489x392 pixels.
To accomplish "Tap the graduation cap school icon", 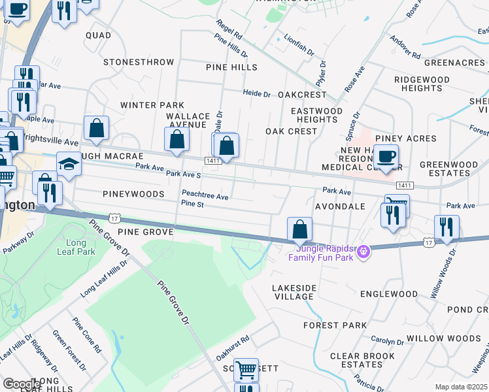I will click(69, 163).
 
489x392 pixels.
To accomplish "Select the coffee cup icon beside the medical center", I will click(386, 157).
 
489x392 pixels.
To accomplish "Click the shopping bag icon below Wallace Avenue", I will click(177, 139).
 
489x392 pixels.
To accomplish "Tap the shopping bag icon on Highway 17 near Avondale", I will click(299, 229).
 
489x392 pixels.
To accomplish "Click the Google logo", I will click(22, 384).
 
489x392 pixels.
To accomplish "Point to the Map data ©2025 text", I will click(462, 387).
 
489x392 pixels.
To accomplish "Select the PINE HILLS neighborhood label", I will click(231, 67).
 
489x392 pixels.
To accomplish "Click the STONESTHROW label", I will click(138, 62).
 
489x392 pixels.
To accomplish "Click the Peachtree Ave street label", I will click(205, 196).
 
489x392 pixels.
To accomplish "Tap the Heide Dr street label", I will click(257, 93).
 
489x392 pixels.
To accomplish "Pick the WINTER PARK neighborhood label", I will click(152, 105).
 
